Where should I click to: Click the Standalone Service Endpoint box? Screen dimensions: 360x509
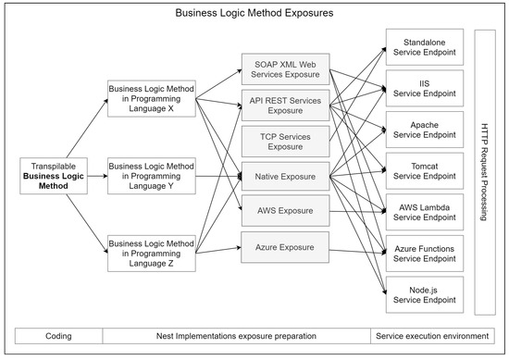425,47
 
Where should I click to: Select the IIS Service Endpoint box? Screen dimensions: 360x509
425,88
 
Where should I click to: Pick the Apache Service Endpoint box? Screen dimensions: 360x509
425,129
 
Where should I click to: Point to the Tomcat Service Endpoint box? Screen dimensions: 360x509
425,169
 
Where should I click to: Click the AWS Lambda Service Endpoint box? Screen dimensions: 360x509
425,210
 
